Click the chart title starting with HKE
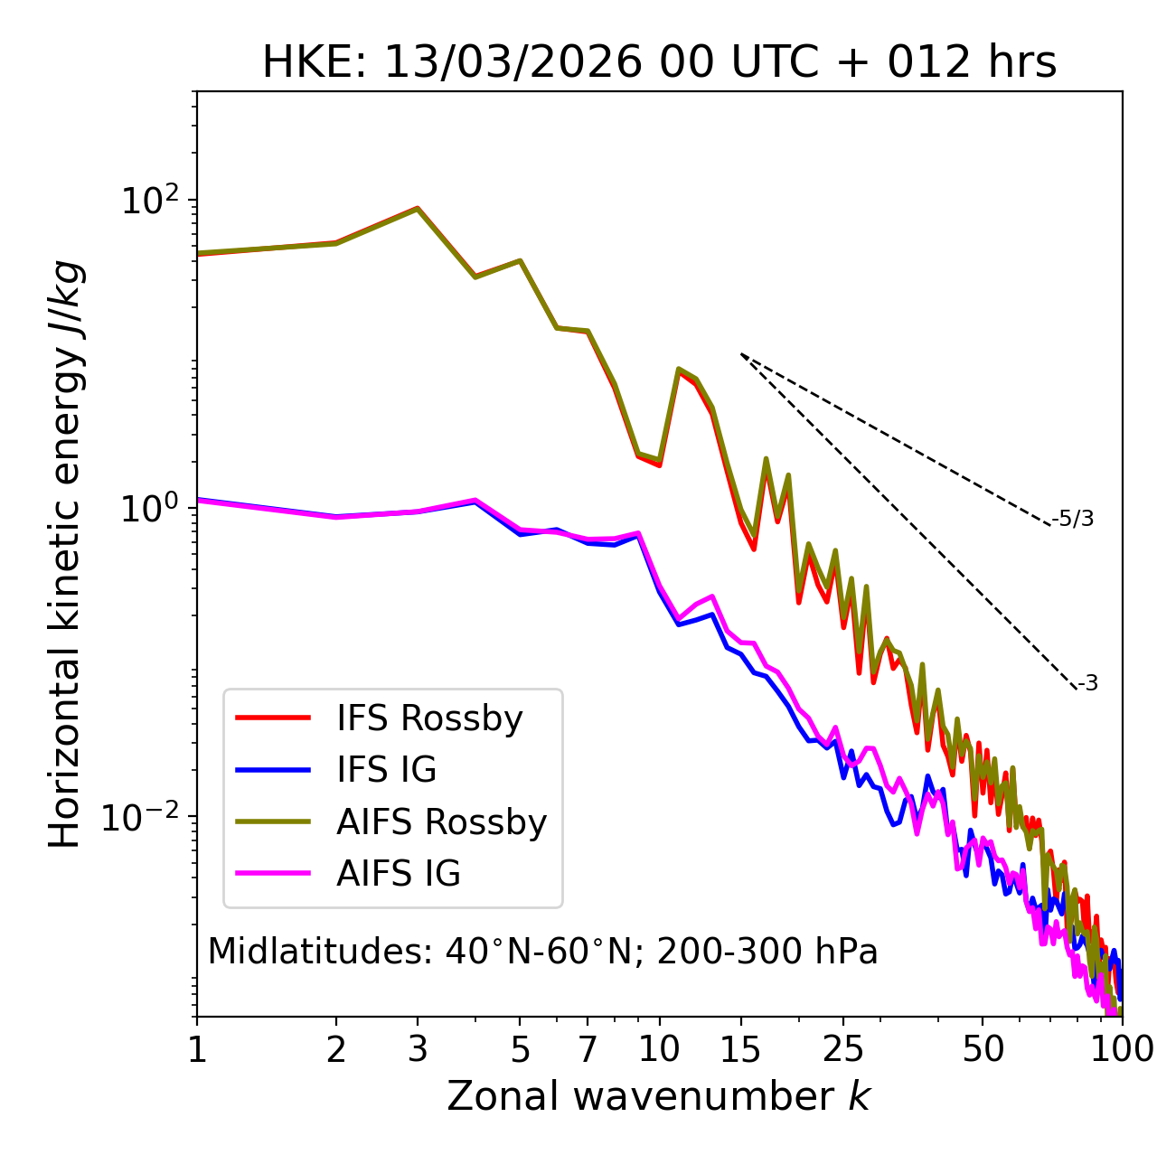tap(659, 63)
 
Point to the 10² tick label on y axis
tap(149, 200)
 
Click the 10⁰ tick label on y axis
tap(149, 508)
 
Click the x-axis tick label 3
tap(418, 1049)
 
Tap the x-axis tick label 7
tap(588, 1049)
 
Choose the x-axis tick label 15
tap(740, 1049)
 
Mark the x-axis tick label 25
tap(843, 1049)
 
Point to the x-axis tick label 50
tap(983, 1049)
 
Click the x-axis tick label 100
tap(1121, 1049)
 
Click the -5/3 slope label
tap(1073, 519)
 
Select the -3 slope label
tap(1087, 684)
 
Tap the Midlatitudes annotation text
tap(542, 952)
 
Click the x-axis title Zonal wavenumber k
tap(659, 1096)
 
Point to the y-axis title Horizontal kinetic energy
tap(65, 554)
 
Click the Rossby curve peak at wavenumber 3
tap(418, 208)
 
